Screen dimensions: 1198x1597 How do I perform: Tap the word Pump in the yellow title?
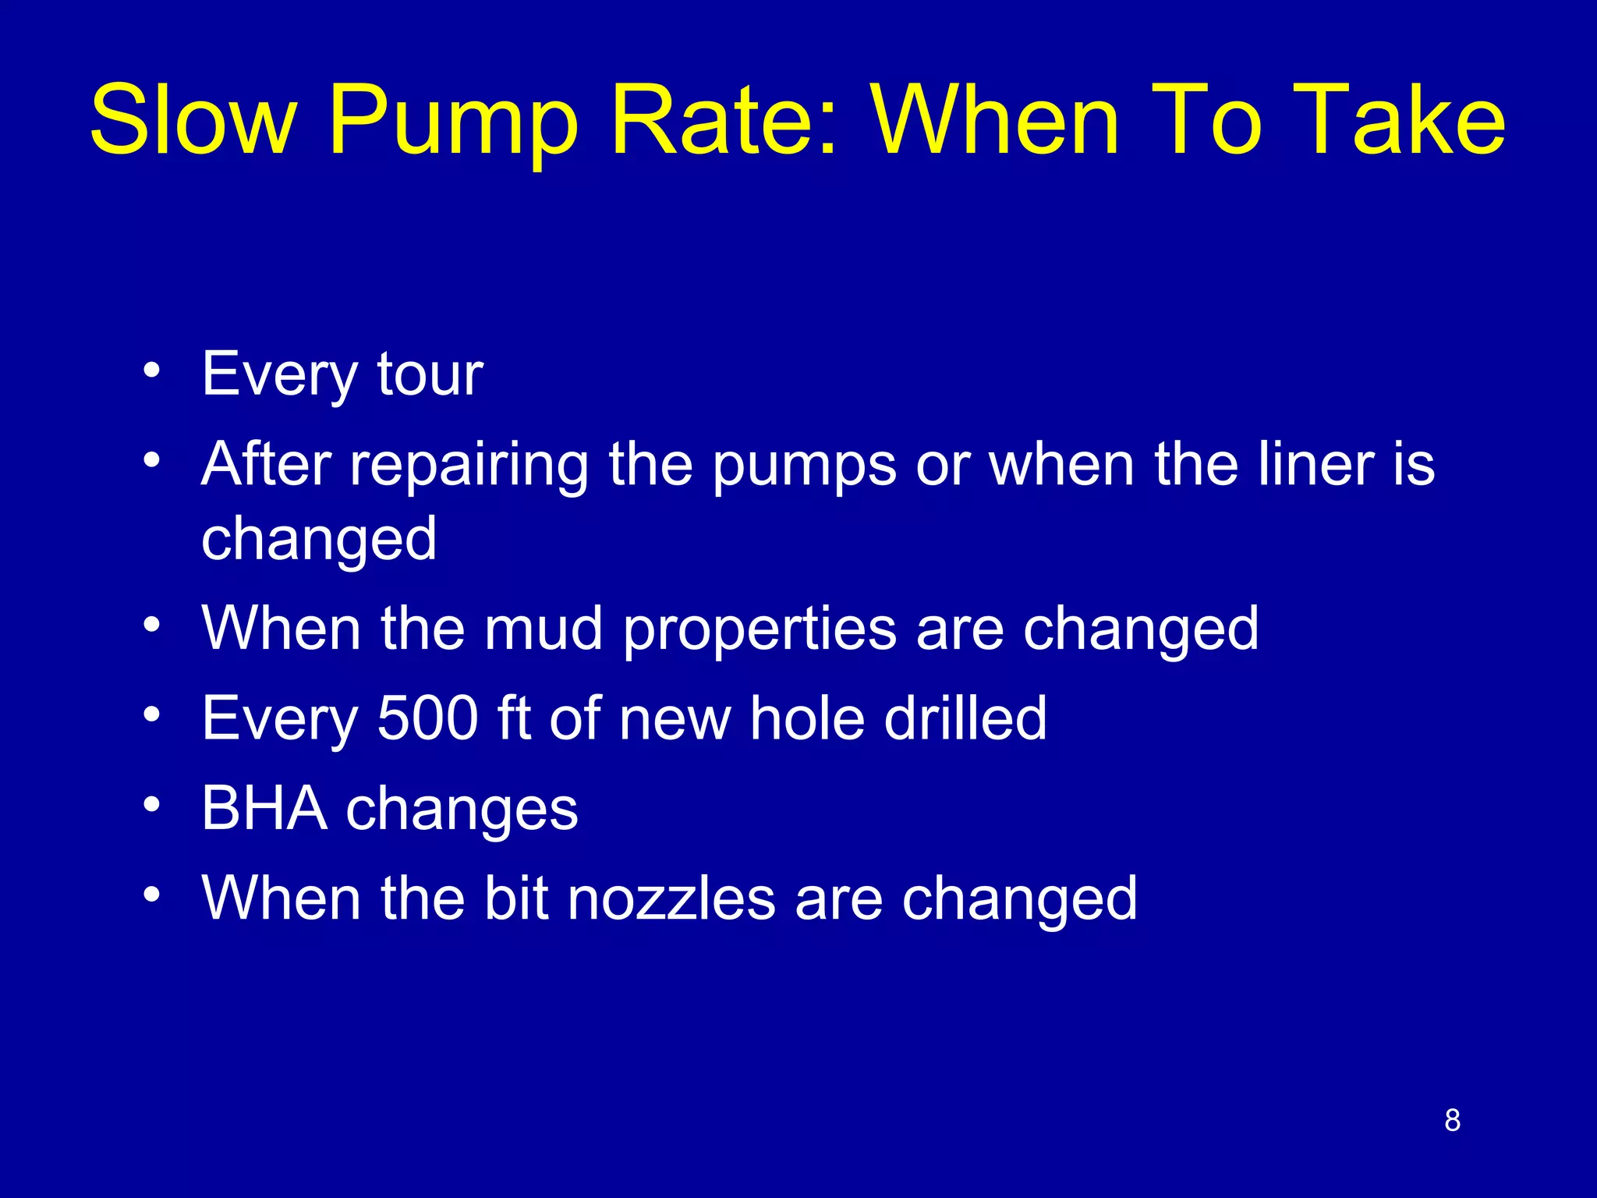point(454,123)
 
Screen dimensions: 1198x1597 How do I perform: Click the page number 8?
point(1452,1120)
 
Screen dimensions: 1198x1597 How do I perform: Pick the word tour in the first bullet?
point(430,374)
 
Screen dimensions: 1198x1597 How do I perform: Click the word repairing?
point(469,466)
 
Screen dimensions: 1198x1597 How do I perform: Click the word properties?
point(760,630)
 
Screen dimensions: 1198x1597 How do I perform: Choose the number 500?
point(427,718)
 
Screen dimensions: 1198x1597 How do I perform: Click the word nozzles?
point(671,898)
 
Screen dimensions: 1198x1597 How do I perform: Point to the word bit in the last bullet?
point(515,898)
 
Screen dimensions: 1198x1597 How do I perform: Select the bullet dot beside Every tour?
point(151,368)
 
